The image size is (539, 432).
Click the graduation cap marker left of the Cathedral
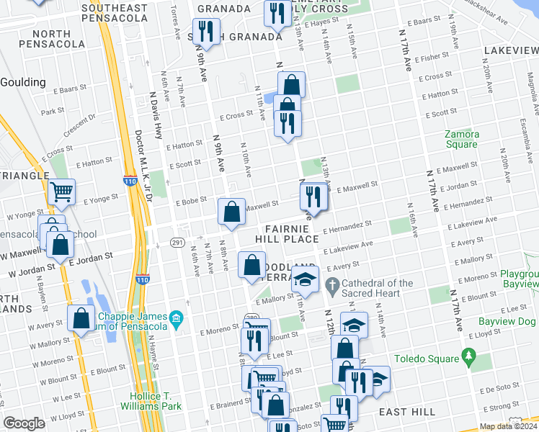point(306,280)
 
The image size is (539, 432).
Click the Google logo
point(24,423)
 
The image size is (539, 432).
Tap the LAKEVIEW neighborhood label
point(511,52)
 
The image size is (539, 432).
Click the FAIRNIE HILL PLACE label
point(287,232)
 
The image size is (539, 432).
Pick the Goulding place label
point(23,82)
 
